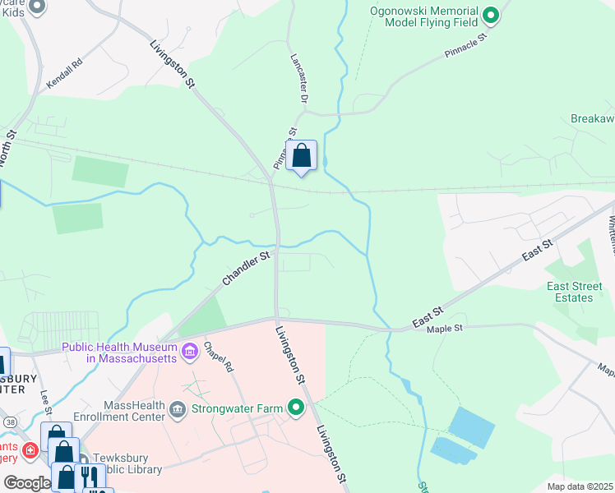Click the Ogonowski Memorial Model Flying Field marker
(491, 15)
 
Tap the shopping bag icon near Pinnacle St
(302, 155)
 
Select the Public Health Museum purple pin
(190, 352)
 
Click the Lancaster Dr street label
(299, 79)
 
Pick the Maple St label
(445, 329)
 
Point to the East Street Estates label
(570, 292)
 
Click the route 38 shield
(10, 422)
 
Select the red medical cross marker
(30, 450)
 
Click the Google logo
(26, 483)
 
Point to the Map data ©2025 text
(579, 486)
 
